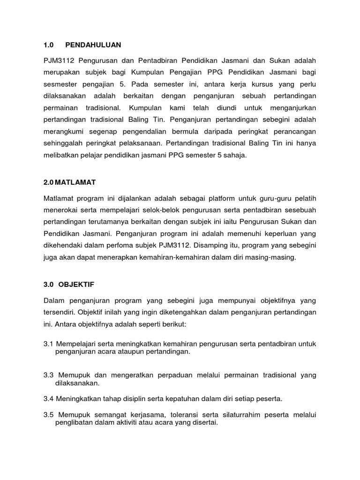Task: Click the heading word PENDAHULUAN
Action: click(x=93, y=45)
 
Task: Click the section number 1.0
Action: click(x=48, y=45)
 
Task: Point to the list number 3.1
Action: click(x=49, y=344)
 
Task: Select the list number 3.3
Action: click(x=49, y=375)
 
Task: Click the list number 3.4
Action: click(x=49, y=399)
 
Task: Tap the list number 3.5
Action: click(x=49, y=415)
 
